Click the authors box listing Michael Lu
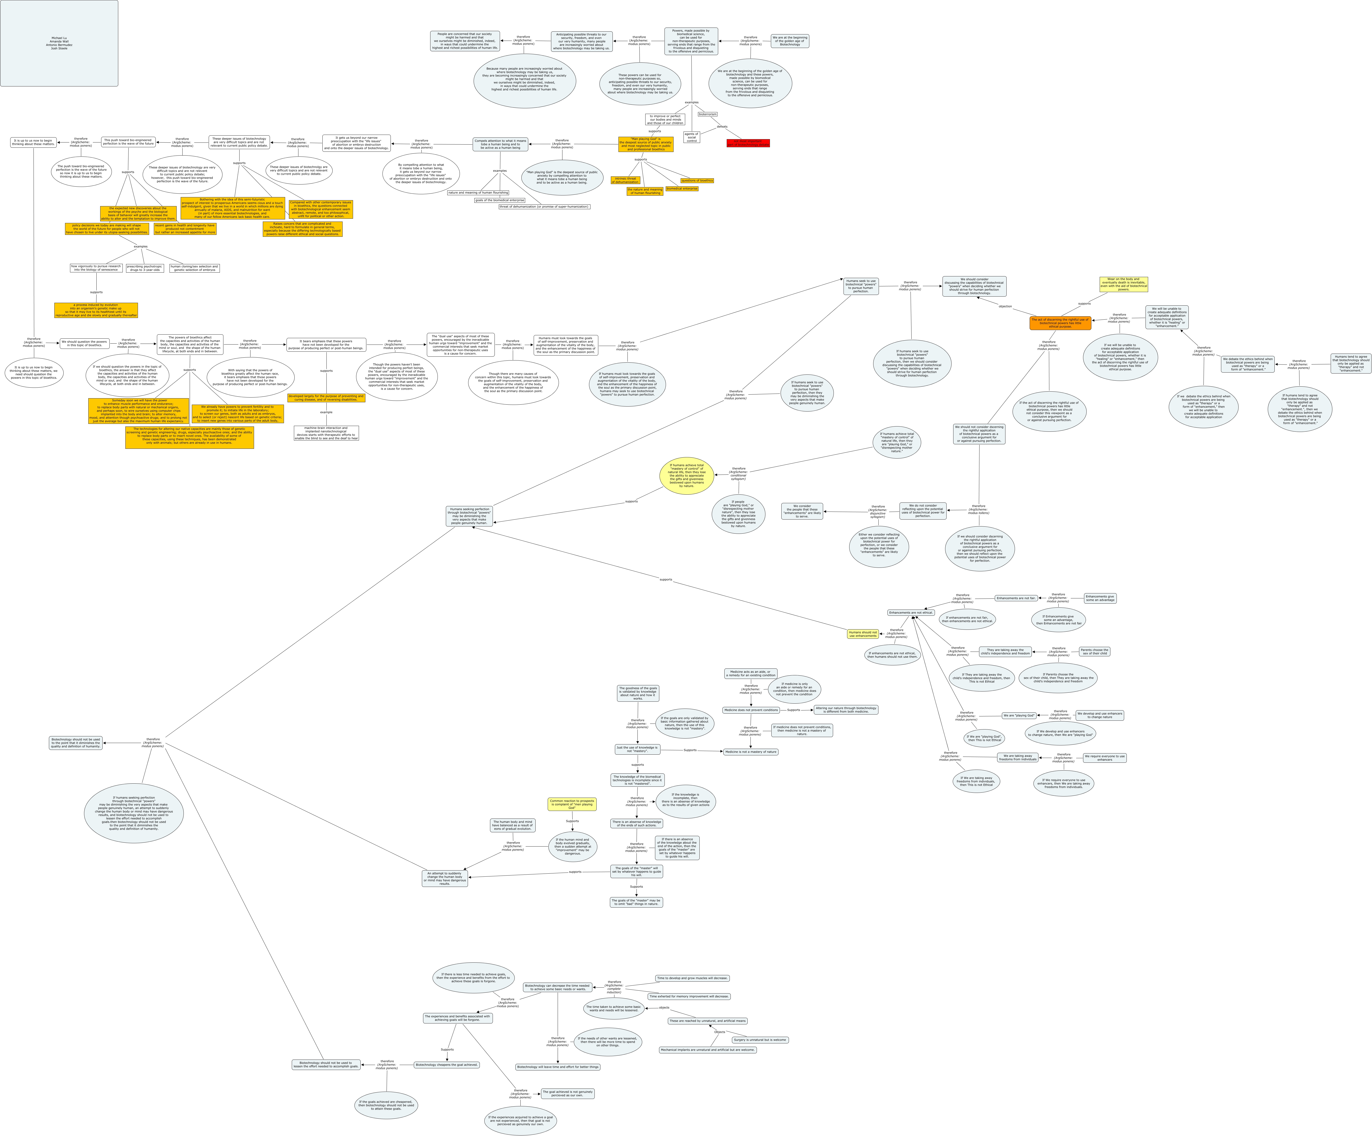click(x=59, y=43)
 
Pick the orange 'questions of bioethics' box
click(x=697, y=180)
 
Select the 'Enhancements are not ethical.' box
click(x=911, y=612)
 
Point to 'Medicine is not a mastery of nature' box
click(x=751, y=752)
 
